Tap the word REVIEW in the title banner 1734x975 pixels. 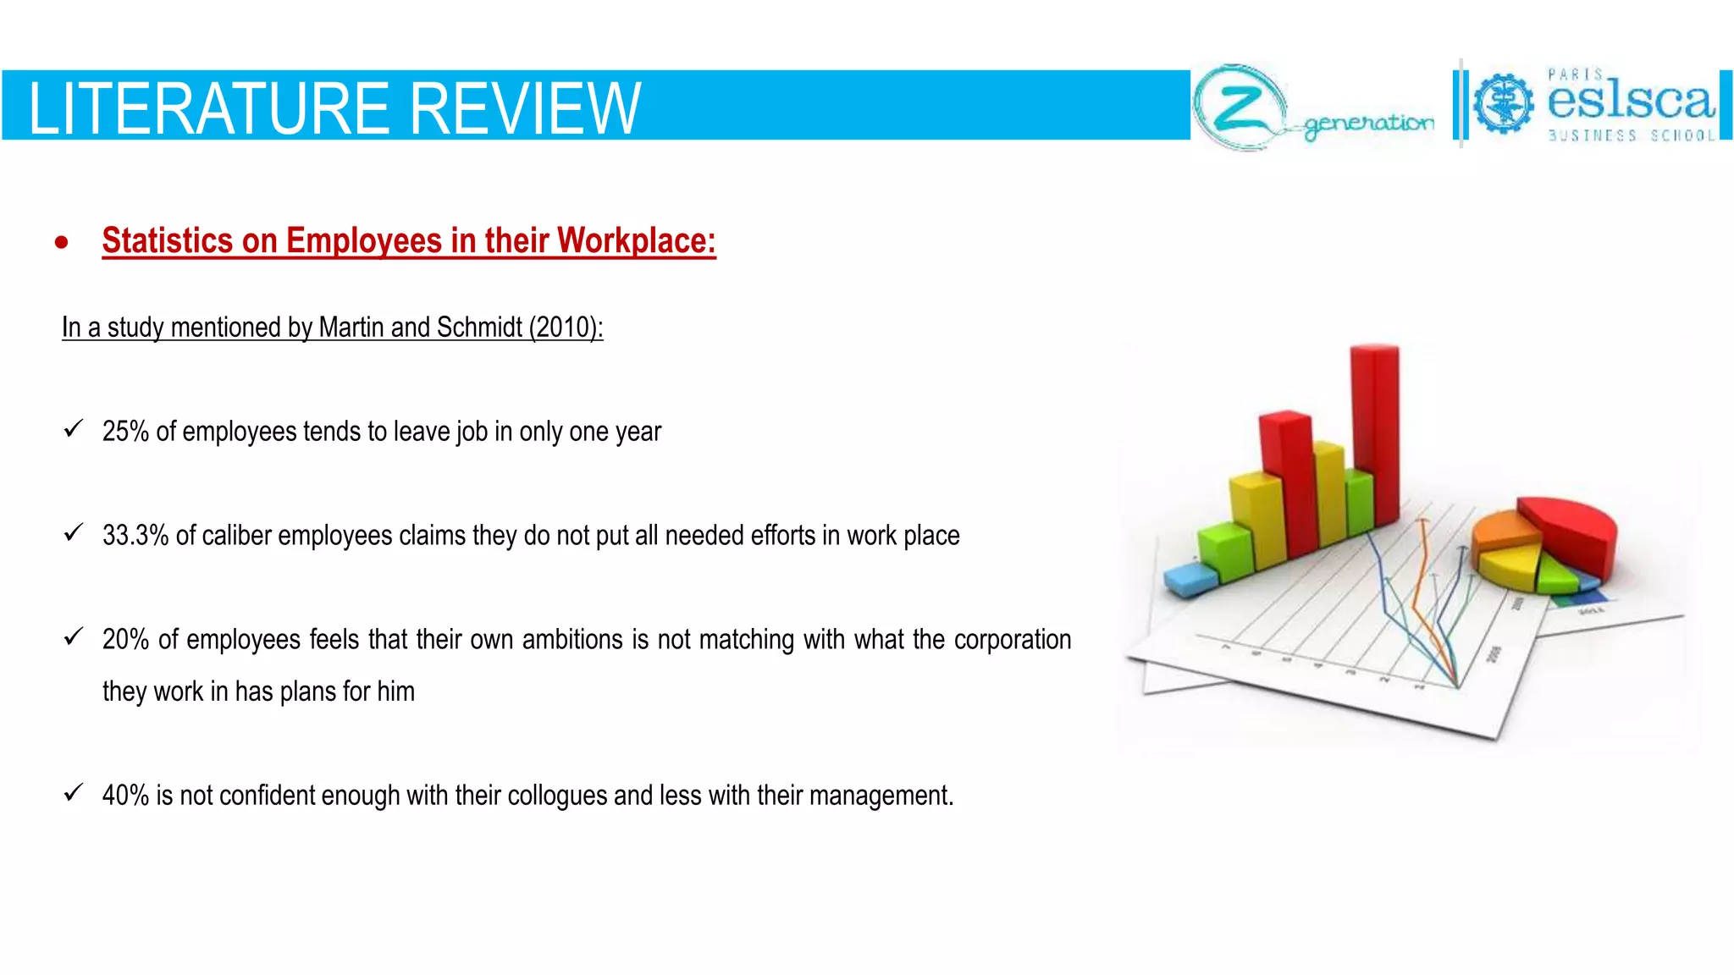[526, 108]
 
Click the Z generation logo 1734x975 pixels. [1312, 108]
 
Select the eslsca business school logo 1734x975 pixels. [1592, 105]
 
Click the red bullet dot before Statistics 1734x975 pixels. [61, 243]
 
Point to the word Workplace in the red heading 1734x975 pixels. [636, 241]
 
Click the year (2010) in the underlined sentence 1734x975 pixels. [565, 328]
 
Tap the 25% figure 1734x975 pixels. [125, 432]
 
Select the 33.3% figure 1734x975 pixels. [135, 536]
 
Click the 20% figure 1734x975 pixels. [125, 640]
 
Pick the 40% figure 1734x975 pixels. [125, 796]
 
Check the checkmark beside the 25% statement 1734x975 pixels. [74, 429]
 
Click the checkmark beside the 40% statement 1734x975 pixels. [74, 793]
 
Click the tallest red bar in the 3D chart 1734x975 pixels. [1375, 432]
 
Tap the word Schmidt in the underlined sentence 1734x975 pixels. [479, 328]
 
